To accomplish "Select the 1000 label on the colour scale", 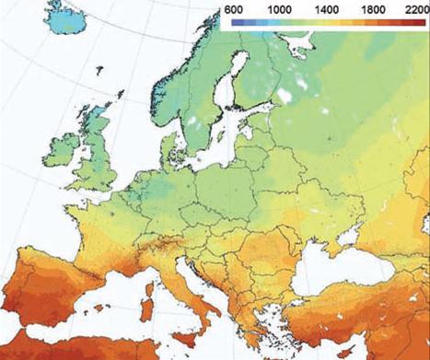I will tap(280, 7).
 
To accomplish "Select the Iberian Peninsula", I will tap(46, 295).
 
